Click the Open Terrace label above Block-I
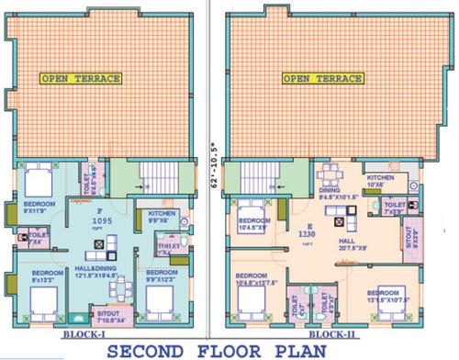click(x=81, y=79)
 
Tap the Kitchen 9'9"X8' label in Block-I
click(x=162, y=217)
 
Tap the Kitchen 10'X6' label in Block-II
click(x=380, y=180)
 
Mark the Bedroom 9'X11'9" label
click(x=39, y=208)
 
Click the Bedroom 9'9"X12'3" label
click(x=165, y=276)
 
